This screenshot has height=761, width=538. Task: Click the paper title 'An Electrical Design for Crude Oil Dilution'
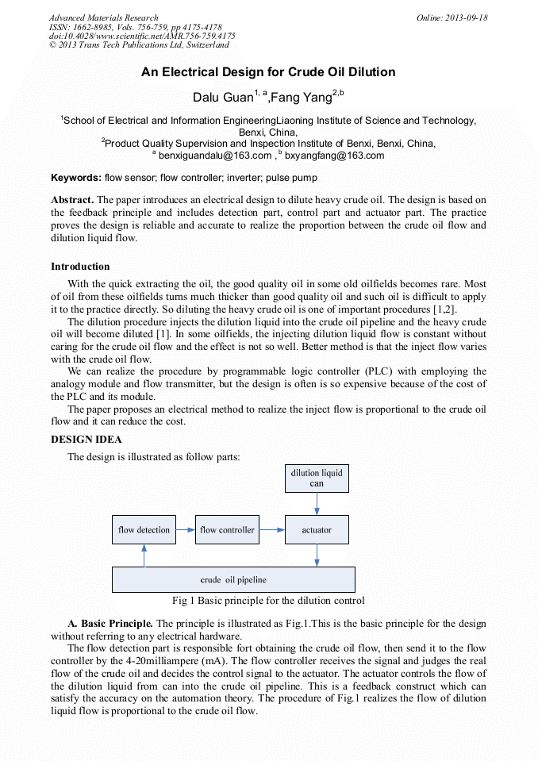pyautogui.click(x=268, y=72)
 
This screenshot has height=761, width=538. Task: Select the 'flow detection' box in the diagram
pyautogui.click(x=144, y=529)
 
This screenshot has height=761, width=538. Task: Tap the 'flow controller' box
pyautogui.click(x=227, y=529)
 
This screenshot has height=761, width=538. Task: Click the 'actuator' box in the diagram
pyautogui.click(x=317, y=529)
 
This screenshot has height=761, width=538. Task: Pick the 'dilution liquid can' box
pyautogui.click(x=317, y=479)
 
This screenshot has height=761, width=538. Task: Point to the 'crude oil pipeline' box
pyautogui.click(x=233, y=579)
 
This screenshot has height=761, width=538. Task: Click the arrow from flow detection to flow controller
pyautogui.click(x=185, y=529)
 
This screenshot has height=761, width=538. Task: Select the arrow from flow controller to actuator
pyautogui.click(x=271, y=529)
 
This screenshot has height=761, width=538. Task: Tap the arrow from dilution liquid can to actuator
pyautogui.click(x=317, y=504)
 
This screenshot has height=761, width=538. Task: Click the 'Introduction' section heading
pyautogui.click(x=80, y=266)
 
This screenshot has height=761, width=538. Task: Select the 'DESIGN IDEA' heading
pyautogui.click(x=86, y=439)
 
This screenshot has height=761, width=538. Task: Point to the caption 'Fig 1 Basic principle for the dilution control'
pyautogui.click(x=268, y=601)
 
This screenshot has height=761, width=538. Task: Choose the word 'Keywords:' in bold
pyautogui.click(x=76, y=178)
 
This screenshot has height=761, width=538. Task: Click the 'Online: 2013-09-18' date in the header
pyautogui.click(x=452, y=17)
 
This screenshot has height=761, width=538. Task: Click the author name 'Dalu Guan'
pyautogui.click(x=221, y=98)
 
